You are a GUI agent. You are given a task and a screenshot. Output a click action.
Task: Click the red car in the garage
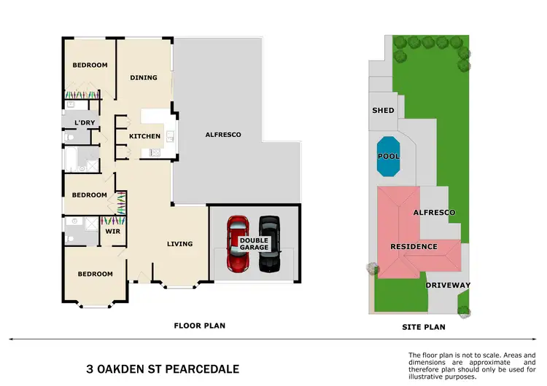click(x=237, y=244)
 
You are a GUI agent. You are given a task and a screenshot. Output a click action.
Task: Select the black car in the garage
click(x=269, y=244)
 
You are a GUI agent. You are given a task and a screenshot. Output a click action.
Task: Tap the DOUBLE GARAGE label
click(x=253, y=244)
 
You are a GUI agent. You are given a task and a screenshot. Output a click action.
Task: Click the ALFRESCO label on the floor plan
click(x=222, y=135)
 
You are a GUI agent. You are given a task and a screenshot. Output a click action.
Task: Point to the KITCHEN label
click(x=144, y=136)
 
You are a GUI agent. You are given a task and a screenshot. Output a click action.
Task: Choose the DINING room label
click(x=144, y=77)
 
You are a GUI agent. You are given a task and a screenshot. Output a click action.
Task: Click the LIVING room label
click(x=179, y=244)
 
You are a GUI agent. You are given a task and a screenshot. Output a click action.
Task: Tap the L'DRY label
click(x=85, y=122)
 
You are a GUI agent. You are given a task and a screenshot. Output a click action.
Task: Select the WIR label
click(x=113, y=232)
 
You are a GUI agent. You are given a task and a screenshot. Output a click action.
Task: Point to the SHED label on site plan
click(x=383, y=111)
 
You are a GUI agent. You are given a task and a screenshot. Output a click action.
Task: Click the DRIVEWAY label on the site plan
click(x=448, y=285)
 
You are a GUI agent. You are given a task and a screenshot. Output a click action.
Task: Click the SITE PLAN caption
click(x=424, y=327)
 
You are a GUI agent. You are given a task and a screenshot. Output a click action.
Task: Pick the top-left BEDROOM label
click(x=90, y=65)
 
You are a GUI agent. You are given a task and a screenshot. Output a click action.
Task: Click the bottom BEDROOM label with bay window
click(x=96, y=274)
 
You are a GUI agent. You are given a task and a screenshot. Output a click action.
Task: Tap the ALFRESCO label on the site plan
click(x=434, y=212)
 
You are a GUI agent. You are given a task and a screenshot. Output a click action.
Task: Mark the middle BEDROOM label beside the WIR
click(x=89, y=195)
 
